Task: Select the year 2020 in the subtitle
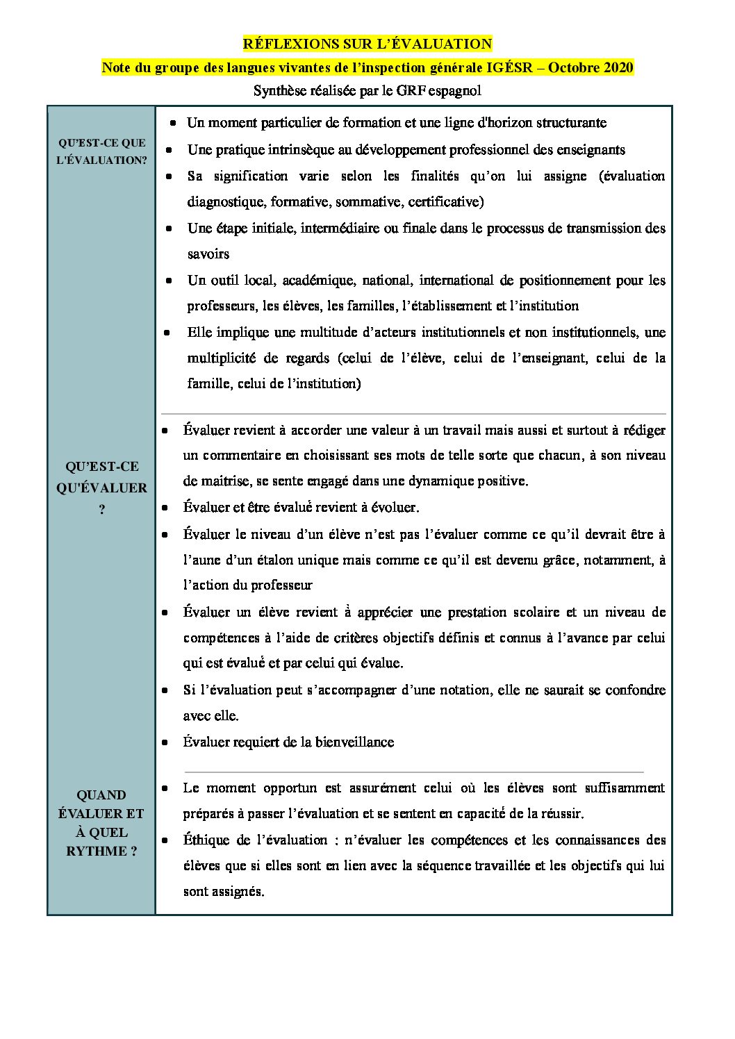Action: (x=613, y=67)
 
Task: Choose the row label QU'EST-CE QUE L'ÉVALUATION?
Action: (x=101, y=151)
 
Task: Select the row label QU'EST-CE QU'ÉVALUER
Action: (x=101, y=477)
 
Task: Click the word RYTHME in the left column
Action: (x=96, y=851)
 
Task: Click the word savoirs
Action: (x=208, y=254)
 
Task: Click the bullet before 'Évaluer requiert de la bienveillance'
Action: (x=165, y=742)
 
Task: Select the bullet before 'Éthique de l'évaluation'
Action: (x=165, y=840)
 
